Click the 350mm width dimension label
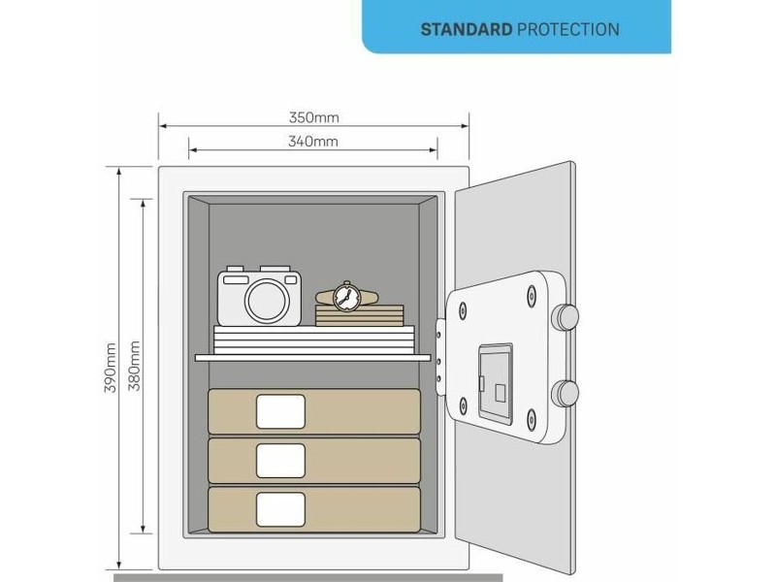pos(313,117)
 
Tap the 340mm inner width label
pos(313,142)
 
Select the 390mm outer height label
pos(110,368)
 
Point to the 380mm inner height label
pos(134,366)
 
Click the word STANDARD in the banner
pos(467,30)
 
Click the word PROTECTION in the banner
pos(568,30)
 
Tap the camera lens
pos(268,301)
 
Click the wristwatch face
pos(346,297)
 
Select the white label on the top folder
pos(280,411)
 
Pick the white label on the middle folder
pos(280,461)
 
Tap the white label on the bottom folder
pos(280,509)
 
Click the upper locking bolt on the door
pos(566,317)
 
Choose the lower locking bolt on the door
pos(566,394)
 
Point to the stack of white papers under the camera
pos(313,340)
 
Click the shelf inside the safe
pos(312,357)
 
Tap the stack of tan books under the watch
pos(360,315)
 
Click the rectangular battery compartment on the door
pos(495,383)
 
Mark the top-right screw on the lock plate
pos(532,296)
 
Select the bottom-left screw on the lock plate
pos(463,405)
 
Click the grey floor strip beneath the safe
pos(307,578)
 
